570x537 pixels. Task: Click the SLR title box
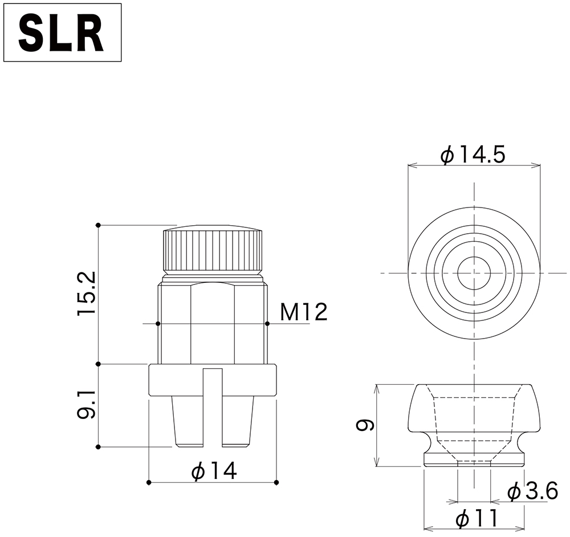[x=63, y=32]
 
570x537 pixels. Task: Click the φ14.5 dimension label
[x=473, y=155]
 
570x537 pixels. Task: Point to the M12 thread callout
[x=304, y=312]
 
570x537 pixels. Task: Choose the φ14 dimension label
[x=214, y=471]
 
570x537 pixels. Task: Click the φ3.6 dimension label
[x=533, y=491]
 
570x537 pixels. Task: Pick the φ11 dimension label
[x=477, y=518]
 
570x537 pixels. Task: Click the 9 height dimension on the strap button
[x=365, y=425]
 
